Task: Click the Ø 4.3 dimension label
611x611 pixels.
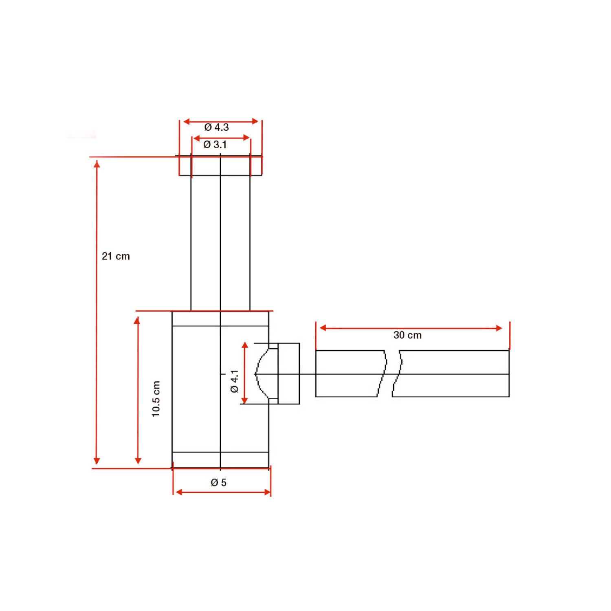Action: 216,127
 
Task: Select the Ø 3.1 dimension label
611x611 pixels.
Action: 215,145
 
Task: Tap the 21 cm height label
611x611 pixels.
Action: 116,256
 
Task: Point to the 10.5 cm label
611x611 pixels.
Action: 156,399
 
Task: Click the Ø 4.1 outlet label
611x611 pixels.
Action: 234,381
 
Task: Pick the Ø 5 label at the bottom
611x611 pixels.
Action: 218,483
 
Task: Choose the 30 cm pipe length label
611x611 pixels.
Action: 407,335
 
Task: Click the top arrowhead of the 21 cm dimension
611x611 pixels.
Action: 97,164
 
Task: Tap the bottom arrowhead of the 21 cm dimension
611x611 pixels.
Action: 97,461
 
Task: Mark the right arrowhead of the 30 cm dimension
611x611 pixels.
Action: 499,328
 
